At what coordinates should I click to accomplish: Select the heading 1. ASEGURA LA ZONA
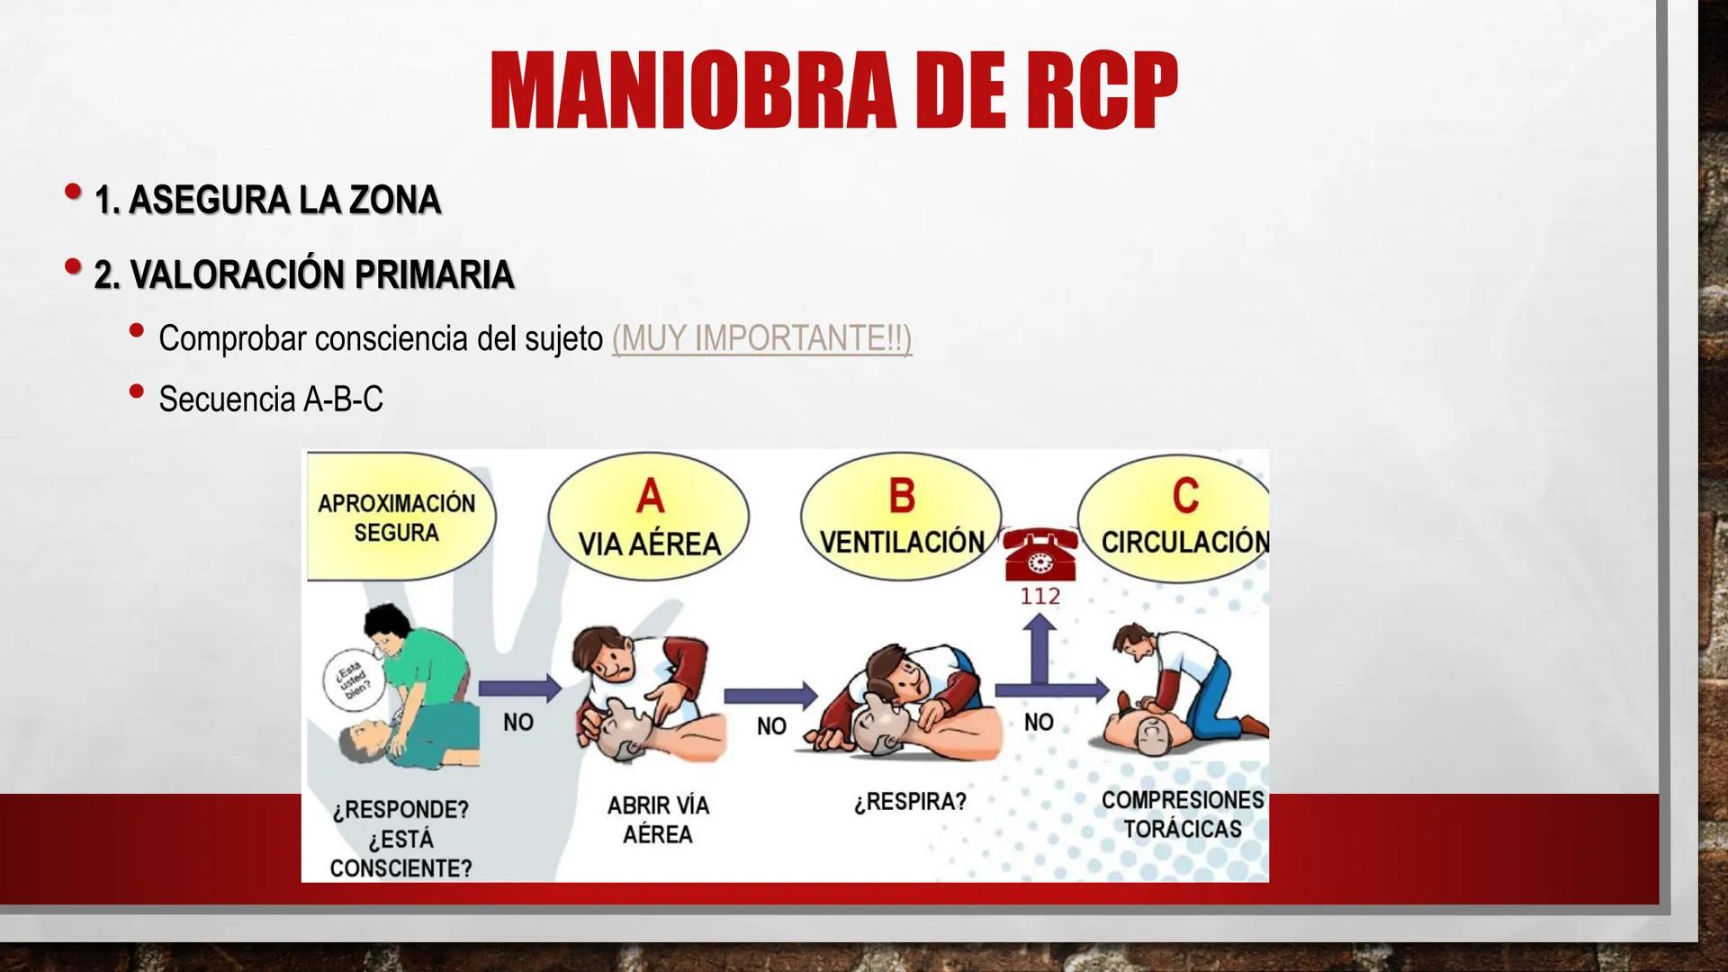(267, 200)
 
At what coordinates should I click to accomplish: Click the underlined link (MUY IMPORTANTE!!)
(761, 338)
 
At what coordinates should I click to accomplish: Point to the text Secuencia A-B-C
(270, 399)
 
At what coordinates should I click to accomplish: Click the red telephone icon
(1039, 554)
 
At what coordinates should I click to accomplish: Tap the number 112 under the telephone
(1039, 596)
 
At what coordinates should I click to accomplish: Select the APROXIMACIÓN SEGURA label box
(396, 517)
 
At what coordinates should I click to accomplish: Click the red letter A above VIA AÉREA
(649, 497)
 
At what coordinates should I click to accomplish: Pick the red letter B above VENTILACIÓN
(901, 496)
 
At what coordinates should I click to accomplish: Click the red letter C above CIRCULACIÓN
(1184, 496)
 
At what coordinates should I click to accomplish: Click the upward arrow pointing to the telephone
(1039, 643)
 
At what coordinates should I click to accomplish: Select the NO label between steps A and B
(771, 725)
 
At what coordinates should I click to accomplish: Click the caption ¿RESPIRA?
(909, 801)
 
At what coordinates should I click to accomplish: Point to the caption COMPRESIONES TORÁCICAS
(1183, 814)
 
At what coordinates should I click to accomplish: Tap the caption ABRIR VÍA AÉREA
(658, 819)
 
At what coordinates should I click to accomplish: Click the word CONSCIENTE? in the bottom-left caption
(400, 868)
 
